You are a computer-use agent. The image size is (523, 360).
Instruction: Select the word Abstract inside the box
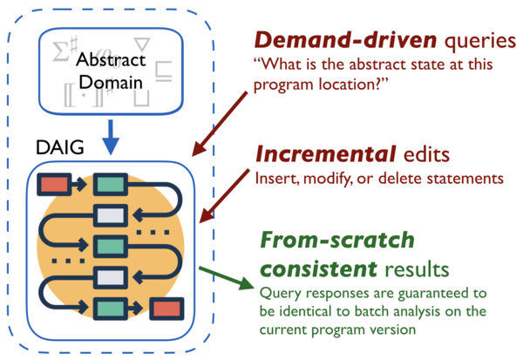pyautogui.click(x=105, y=60)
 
